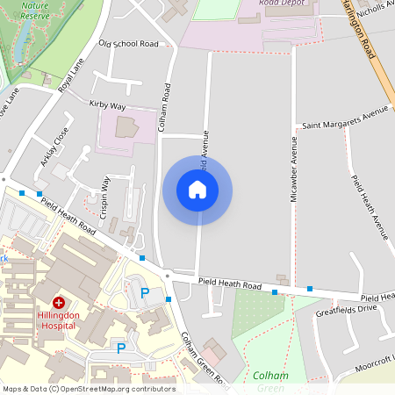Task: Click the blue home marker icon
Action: (x=197, y=190)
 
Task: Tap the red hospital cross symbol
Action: (x=59, y=301)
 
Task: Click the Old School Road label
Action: (x=128, y=43)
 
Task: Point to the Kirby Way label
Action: (x=108, y=104)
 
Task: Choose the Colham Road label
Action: (x=163, y=108)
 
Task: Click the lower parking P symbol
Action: (x=121, y=348)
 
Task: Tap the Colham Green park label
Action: (x=270, y=381)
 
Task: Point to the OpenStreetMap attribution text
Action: (x=89, y=389)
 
